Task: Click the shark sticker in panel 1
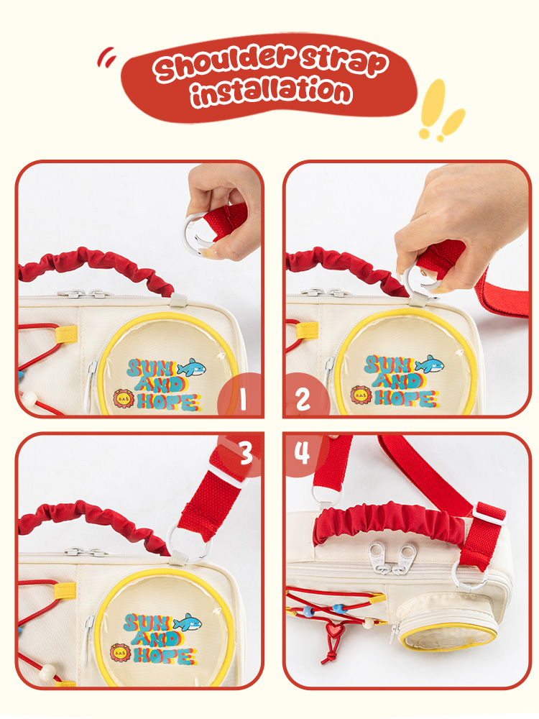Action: (192, 367)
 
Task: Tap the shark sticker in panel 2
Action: (430, 364)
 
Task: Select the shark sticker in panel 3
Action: (187, 622)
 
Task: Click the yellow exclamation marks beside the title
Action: (441, 110)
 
